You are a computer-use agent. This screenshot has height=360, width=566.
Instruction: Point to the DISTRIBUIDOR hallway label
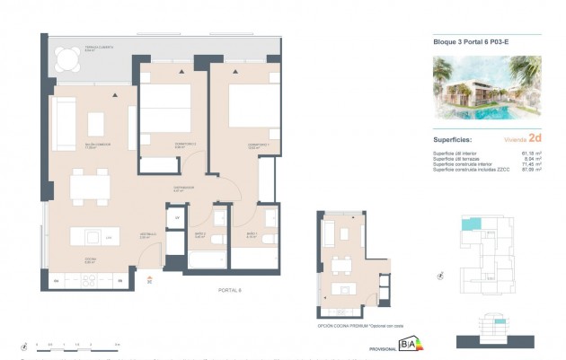pos(184,189)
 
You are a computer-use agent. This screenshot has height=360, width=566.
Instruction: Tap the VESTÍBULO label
pos(149,236)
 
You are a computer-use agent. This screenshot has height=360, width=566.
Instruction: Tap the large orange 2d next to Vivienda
pos(535,138)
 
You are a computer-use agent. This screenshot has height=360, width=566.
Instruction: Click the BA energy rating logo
pos(409,342)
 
